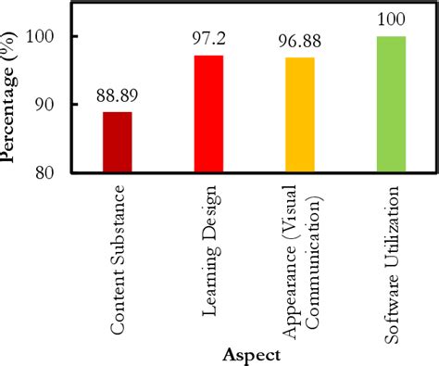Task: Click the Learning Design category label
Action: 208,250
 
